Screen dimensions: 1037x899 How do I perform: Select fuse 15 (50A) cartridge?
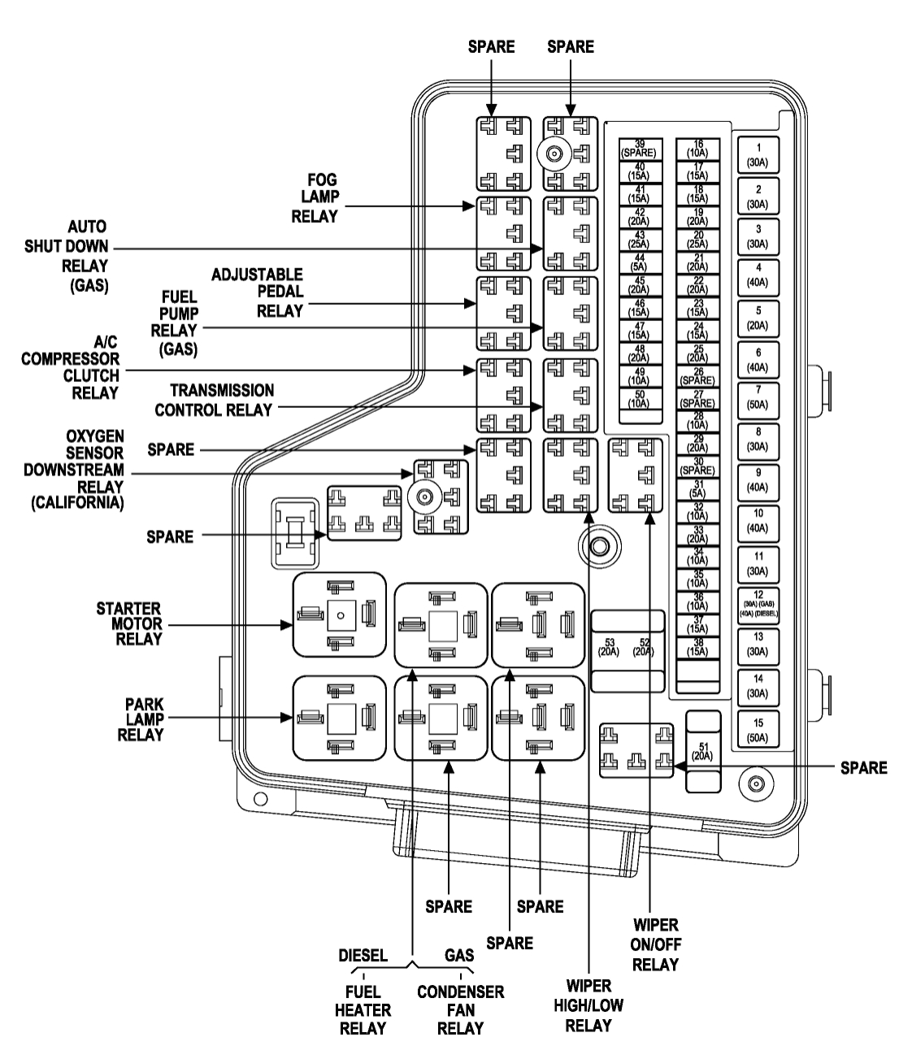tap(758, 729)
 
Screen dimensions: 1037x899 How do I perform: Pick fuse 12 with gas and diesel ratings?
tap(758, 605)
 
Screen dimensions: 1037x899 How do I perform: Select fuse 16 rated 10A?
tap(698, 149)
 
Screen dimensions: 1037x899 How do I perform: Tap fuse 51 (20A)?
tap(702, 751)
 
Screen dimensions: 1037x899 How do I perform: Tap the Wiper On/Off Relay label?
tap(655, 945)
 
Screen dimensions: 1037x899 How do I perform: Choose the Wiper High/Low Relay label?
tap(588, 1005)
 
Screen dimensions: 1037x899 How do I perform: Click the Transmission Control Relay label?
tap(215, 400)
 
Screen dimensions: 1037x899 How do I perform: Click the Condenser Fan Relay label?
tap(460, 1010)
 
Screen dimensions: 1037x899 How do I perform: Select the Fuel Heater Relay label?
tap(363, 1010)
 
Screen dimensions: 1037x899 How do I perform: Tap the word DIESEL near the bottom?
tap(363, 956)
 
